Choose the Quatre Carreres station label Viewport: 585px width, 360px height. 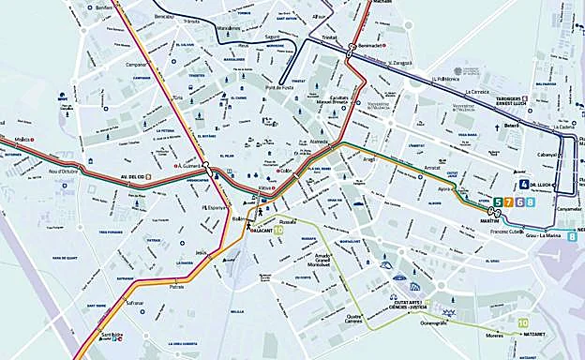pos(352,292)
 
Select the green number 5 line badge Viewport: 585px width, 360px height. pos(498,202)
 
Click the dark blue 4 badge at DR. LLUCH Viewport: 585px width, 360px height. pos(524,185)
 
